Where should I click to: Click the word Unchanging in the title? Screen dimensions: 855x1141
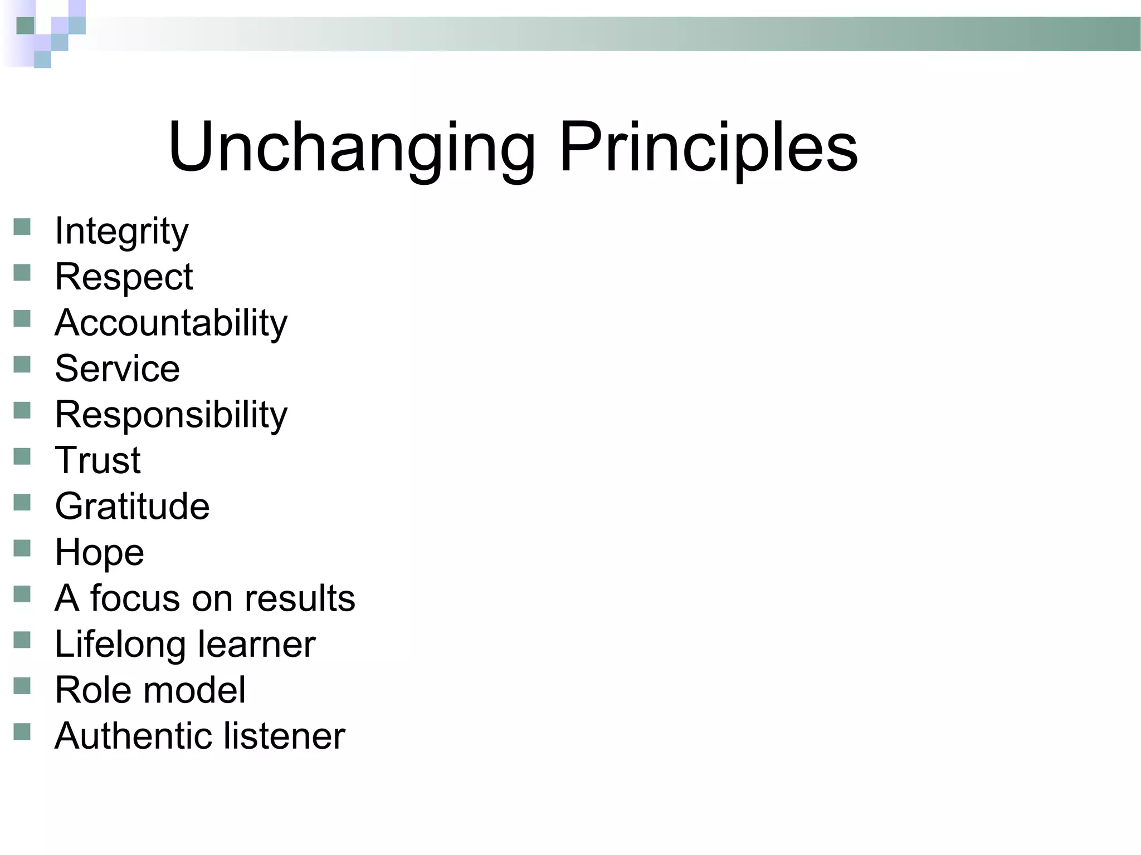click(x=351, y=148)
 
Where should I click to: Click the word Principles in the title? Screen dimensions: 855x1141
click(x=708, y=148)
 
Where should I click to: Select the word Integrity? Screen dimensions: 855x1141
click(x=121, y=232)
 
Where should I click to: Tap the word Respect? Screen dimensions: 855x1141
click(x=124, y=277)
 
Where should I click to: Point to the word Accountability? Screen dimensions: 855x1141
click(x=171, y=323)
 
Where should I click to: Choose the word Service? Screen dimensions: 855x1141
click(x=117, y=368)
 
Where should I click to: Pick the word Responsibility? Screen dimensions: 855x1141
click(x=171, y=415)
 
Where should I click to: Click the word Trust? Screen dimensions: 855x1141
click(x=97, y=460)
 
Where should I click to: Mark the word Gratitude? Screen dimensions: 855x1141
click(x=132, y=507)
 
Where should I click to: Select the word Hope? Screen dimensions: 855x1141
click(x=99, y=553)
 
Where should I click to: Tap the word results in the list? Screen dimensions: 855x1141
click(x=300, y=598)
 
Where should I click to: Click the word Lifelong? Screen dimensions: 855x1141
click(x=120, y=645)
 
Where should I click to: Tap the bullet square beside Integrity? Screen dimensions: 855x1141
click(x=22, y=227)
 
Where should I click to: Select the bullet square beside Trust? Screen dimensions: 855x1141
click(x=22, y=457)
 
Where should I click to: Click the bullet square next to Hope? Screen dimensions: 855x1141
click(x=22, y=549)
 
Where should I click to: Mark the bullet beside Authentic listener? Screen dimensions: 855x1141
click(x=22, y=732)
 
